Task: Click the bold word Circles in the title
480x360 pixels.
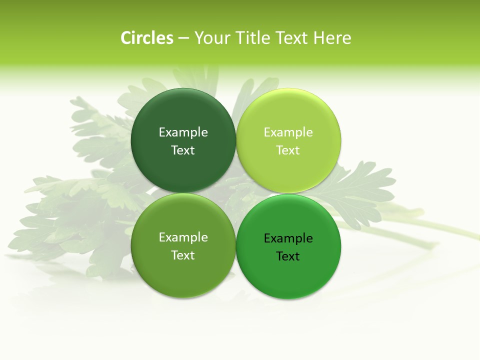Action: [x=147, y=38]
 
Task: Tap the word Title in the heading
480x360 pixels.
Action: [x=252, y=38]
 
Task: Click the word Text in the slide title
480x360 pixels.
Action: [x=292, y=38]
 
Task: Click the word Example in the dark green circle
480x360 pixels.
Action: [x=183, y=132]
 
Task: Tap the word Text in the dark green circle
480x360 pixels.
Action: [x=183, y=150]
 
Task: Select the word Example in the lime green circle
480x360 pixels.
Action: [x=288, y=132]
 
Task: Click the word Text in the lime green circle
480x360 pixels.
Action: [x=288, y=150]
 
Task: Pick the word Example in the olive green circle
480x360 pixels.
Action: [x=183, y=237]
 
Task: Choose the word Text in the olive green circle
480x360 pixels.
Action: [x=183, y=255]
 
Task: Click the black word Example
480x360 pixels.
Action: [x=288, y=238]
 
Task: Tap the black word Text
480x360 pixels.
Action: [x=288, y=256]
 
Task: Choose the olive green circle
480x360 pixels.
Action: [x=183, y=275]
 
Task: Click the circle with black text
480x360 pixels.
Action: [x=288, y=277]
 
